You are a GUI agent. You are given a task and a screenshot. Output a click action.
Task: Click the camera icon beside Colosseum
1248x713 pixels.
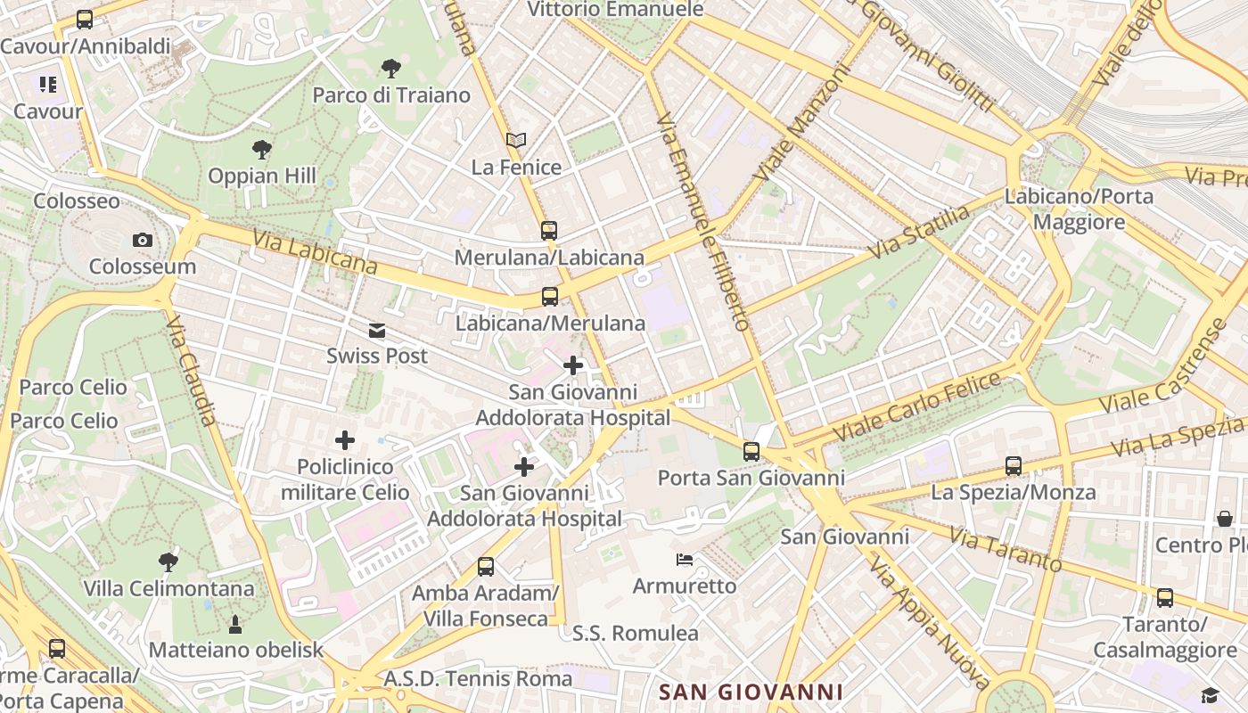pyautogui.click(x=142, y=240)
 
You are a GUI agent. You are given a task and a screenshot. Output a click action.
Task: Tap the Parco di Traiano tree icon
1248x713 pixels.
pyautogui.click(x=390, y=69)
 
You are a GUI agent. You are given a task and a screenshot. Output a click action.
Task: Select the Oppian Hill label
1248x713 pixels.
pyautogui.click(x=262, y=176)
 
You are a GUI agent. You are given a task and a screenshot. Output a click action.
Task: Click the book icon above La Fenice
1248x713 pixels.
pyautogui.click(x=516, y=140)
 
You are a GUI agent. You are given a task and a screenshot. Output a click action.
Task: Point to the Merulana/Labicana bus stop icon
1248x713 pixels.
pyautogui.click(x=549, y=230)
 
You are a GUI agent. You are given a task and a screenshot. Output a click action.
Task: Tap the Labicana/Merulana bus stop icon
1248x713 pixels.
pyautogui.click(x=550, y=297)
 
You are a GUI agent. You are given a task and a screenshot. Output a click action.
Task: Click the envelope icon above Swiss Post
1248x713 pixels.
pyautogui.click(x=377, y=331)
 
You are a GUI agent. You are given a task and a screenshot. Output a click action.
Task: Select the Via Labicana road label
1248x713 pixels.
pyautogui.click(x=315, y=252)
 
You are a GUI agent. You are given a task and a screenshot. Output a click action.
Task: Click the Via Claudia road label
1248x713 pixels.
pyautogui.click(x=192, y=369)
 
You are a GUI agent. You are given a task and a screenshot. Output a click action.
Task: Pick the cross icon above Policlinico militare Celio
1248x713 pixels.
pyautogui.click(x=345, y=439)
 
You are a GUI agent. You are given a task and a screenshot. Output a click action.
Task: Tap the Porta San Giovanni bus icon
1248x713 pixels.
pyautogui.click(x=751, y=452)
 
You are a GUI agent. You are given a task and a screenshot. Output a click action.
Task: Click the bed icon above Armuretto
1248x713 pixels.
pyautogui.click(x=685, y=560)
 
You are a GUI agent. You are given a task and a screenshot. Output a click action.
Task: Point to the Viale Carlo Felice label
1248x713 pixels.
pyautogui.click(x=917, y=406)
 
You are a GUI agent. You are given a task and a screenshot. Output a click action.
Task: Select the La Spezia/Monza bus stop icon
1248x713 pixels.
pyautogui.click(x=1014, y=466)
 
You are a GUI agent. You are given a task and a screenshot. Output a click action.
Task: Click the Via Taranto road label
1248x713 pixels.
pyautogui.click(x=1006, y=549)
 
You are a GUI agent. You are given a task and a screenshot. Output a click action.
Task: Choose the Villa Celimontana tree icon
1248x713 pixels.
pyautogui.click(x=168, y=561)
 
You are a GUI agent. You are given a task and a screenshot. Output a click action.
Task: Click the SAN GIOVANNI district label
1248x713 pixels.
pyautogui.click(x=751, y=692)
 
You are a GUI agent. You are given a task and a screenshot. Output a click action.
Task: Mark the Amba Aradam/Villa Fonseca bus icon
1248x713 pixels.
pyautogui.click(x=486, y=566)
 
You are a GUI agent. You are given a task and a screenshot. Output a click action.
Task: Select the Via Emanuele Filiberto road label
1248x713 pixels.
pyautogui.click(x=703, y=223)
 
